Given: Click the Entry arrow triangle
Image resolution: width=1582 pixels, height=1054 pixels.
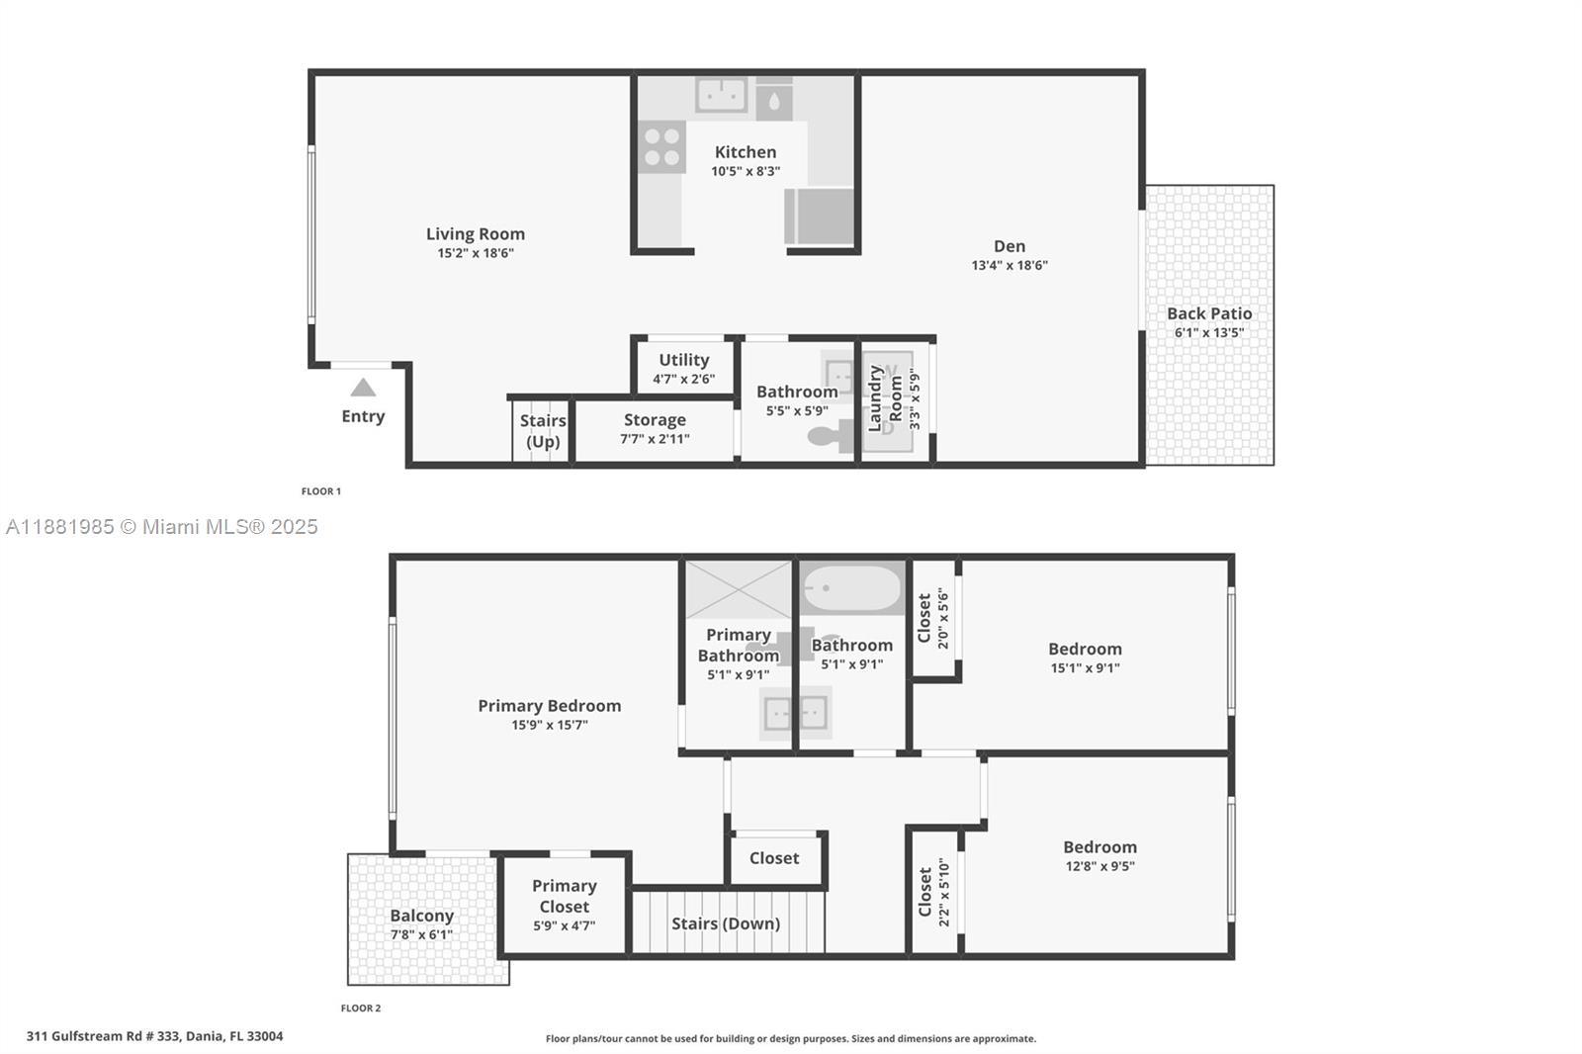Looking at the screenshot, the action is pyautogui.click(x=363, y=388).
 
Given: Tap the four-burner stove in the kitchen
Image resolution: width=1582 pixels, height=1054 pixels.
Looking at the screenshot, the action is pyautogui.click(x=661, y=147).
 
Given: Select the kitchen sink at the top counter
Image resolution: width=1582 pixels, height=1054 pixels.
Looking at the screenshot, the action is pyautogui.click(x=721, y=95).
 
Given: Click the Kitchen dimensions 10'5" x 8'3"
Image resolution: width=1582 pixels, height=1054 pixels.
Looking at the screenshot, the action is pyautogui.click(x=746, y=171).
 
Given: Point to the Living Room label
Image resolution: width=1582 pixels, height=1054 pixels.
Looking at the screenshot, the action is pyautogui.click(x=476, y=233).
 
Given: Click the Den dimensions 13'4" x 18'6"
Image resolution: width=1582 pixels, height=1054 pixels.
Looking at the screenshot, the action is pyautogui.click(x=1010, y=265).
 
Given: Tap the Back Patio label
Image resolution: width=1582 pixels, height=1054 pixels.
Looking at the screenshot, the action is pyautogui.click(x=1209, y=313).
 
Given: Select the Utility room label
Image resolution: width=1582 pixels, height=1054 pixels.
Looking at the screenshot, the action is pyautogui.click(x=683, y=360).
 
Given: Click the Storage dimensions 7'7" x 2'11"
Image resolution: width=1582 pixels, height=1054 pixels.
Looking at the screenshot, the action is pyautogui.click(x=655, y=439).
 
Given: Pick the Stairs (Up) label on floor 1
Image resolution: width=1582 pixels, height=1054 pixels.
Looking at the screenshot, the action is pyautogui.click(x=543, y=431).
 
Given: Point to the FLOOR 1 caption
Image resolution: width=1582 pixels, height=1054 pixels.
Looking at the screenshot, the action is pyautogui.click(x=321, y=491).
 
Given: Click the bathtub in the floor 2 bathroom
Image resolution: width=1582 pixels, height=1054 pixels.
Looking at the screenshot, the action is pyautogui.click(x=852, y=587).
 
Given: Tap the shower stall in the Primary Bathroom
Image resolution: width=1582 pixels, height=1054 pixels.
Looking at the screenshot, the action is pyautogui.click(x=738, y=590).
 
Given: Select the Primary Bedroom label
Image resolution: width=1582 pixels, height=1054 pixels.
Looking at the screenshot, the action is pyautogui.click(x=550, y=706).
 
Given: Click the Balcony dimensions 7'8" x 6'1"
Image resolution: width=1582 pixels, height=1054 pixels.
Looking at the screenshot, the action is pyautogui.click(x=421, y=934).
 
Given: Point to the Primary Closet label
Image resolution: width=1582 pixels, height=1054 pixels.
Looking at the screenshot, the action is pyautogui.click(x=565, y=896).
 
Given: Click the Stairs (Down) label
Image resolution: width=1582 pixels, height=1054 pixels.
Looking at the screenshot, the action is pyautogui.click(x=726, y=923).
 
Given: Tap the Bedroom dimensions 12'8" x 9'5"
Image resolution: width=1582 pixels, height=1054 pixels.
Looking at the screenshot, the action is pyautogui.click(x=1099, y=866).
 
